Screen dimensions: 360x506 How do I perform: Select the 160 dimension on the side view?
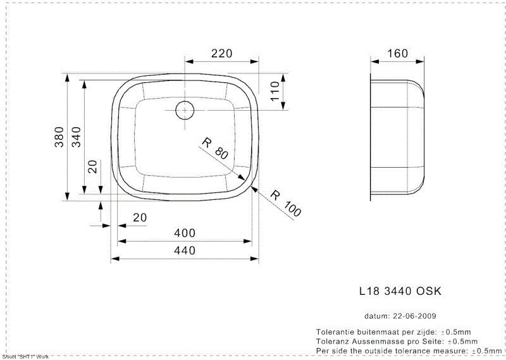397,54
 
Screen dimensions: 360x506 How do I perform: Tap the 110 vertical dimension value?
275,92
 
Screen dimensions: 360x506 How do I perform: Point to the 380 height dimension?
58,137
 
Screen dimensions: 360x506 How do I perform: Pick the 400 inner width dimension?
184,233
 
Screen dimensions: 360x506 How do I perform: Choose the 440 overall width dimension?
184,251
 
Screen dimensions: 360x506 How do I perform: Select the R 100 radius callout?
287,203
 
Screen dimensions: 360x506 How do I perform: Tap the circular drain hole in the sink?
184,109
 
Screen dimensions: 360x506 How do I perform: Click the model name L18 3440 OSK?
400,291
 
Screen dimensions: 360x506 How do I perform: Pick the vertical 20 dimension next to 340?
92,166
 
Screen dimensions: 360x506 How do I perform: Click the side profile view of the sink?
398,137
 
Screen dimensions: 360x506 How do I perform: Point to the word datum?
376,316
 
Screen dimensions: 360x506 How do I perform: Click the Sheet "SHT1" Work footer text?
25,357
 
